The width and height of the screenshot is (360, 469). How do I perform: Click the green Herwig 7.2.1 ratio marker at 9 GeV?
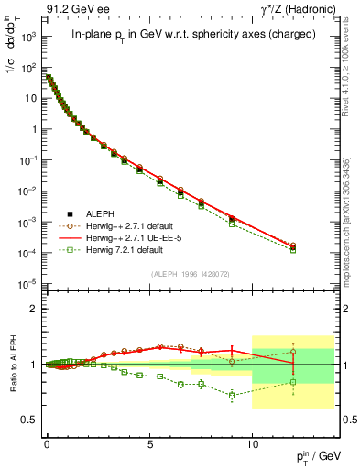(232, 396)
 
